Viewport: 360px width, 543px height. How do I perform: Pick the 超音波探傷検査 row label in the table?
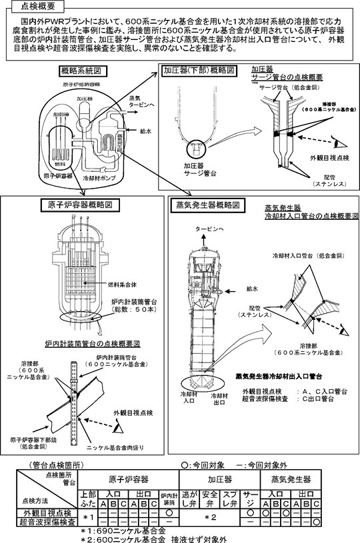[47, 523]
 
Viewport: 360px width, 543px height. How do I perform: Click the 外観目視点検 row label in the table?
[47, 514]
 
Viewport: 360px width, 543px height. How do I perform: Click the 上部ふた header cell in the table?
[87, 498]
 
